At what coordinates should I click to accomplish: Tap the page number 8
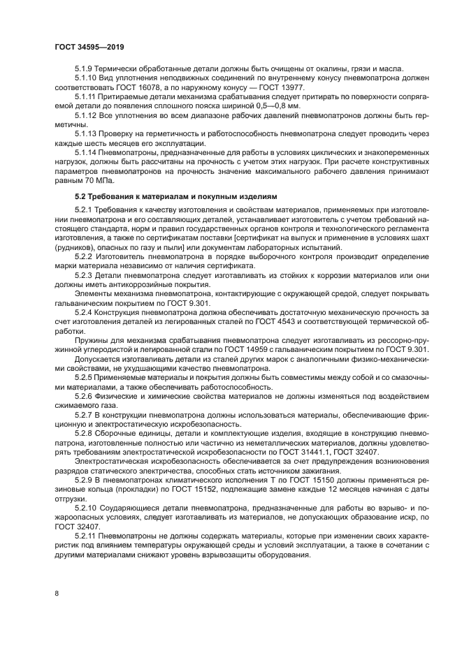[56, 592]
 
